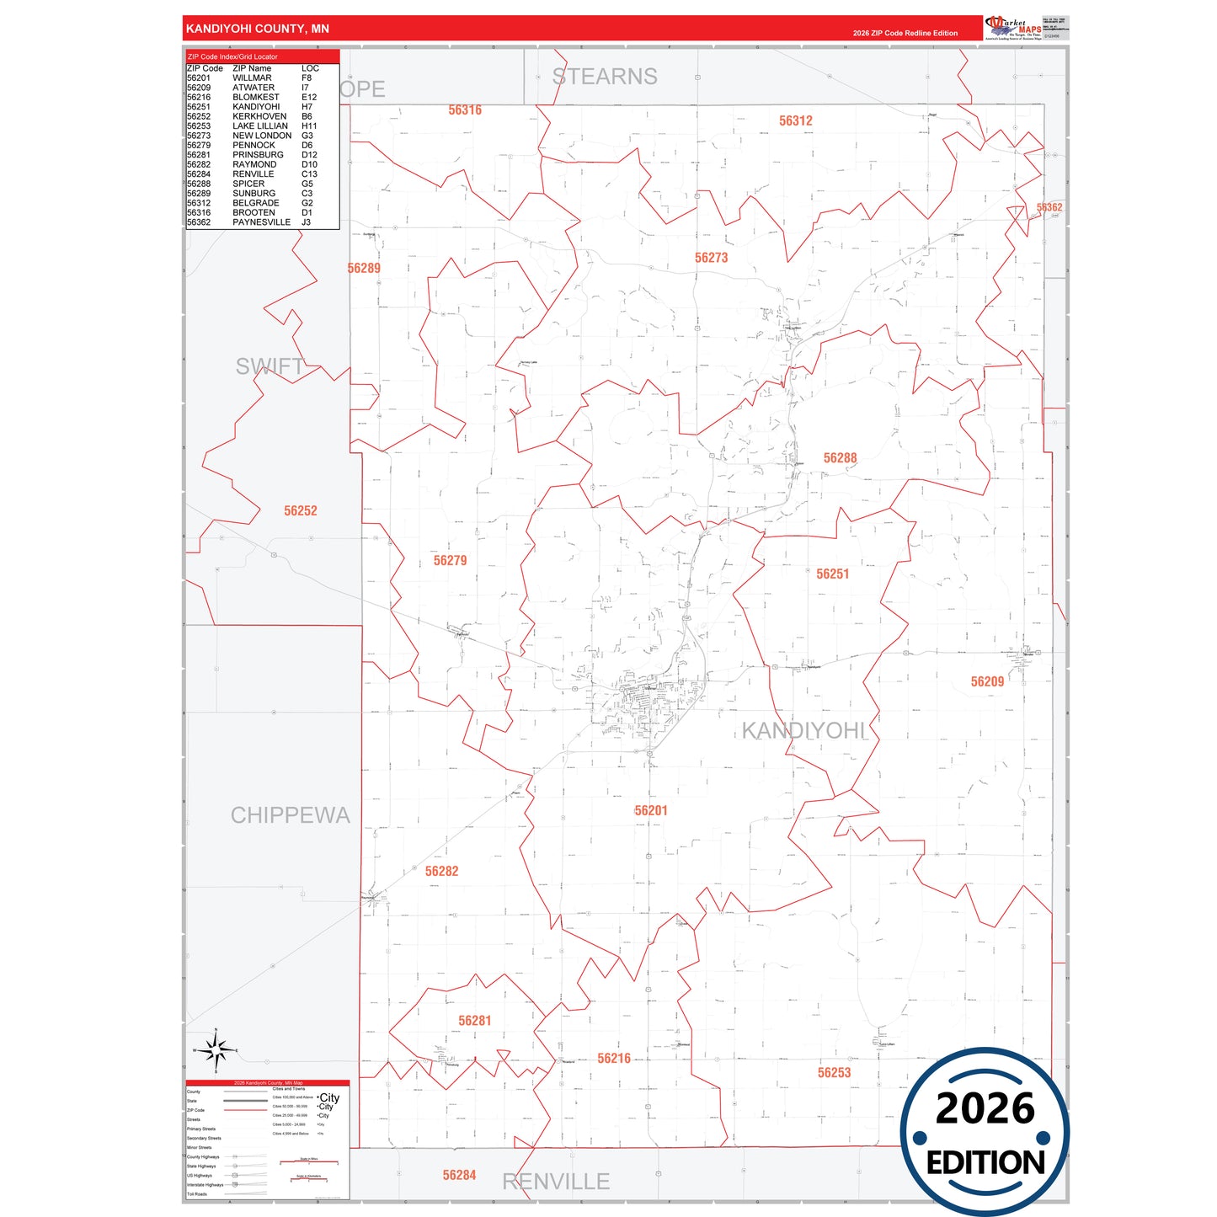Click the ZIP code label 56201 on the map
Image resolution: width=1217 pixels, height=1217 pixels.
click(651, 811)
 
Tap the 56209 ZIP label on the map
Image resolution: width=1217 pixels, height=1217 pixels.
click(987, 682)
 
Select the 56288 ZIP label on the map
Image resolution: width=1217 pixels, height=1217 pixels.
click(840, 458)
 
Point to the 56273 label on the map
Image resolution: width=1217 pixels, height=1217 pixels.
click(711, 258)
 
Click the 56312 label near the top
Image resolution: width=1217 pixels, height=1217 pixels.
click(795, 121)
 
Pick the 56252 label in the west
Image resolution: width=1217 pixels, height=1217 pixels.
click(300, 511)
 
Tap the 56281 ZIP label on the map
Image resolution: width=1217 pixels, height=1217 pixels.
click(474, 1021)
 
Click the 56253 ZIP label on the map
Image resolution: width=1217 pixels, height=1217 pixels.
click(834, 1073)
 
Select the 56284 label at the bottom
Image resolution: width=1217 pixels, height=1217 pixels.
click(459, 1175)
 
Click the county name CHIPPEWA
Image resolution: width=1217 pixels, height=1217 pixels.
click(290, 815)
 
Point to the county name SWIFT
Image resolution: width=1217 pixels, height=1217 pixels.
click(270, 366)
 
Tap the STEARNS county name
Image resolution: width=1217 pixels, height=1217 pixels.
click(605, 77)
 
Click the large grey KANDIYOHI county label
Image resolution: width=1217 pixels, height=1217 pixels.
click(803, 731)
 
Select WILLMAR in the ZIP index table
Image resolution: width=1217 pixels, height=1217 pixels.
click(252, 78)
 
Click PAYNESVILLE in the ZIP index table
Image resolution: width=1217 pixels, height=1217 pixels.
click(261, 222)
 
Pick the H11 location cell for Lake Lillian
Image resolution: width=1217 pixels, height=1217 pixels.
click(309, 126)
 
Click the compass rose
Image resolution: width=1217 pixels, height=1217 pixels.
click(216, 1050)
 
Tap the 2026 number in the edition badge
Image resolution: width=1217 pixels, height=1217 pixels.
click(985, 1108)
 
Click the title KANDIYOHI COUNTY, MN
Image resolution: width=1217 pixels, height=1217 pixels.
click(257, 29)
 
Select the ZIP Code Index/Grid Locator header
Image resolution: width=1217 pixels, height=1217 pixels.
click(232, 56)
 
